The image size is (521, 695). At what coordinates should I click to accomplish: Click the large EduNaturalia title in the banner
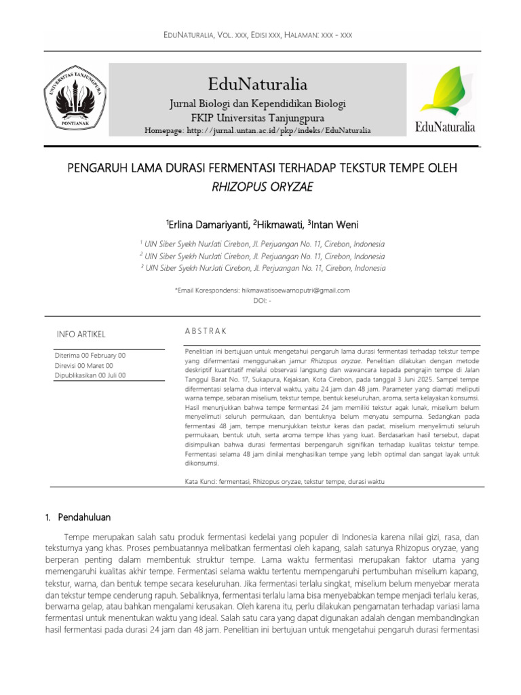point(258,84)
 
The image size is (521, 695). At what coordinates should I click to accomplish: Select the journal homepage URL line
point(258,130)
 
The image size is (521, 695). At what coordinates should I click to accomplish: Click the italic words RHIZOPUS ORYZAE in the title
point(262,187)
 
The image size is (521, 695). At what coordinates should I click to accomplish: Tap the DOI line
point(262,300)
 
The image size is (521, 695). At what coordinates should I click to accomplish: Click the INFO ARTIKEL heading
point(81,334)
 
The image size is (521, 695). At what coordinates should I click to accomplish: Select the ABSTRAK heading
point(206,331)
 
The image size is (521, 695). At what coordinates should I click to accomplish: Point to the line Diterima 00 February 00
point(90,355)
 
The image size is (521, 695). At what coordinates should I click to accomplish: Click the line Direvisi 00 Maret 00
point(84,365)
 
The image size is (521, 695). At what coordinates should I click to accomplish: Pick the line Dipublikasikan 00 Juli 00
point(90,375)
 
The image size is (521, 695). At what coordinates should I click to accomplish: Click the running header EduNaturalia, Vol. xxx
point(261,34)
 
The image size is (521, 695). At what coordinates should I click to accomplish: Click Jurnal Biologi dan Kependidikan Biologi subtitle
point(258,104)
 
